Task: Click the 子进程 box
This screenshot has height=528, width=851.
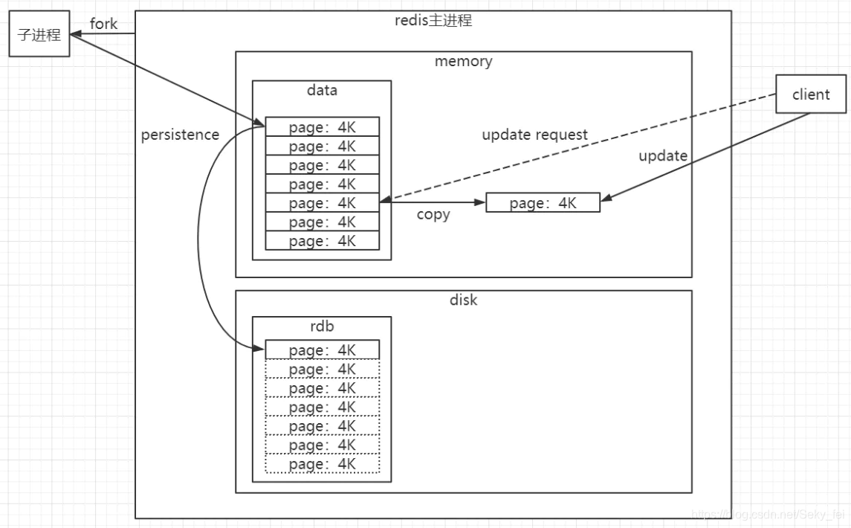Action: [x=39, y=34]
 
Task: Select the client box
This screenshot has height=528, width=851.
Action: [x=811, y=94]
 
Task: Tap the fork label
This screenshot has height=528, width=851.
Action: [x=103, y=25]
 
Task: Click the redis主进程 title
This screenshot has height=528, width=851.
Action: [x=433, y=20]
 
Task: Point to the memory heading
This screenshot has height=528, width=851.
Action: [x=463, y=61]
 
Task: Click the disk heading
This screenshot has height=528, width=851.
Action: [x=463, y=300]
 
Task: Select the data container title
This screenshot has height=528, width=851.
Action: [x=321, y=90]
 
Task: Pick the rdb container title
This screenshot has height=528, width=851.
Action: [x=321, y=326]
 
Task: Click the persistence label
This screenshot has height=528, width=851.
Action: [x=180, y=135]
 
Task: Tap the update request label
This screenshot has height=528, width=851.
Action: [x=534, y=135]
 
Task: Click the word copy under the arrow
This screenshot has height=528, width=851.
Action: [x=433, y=215]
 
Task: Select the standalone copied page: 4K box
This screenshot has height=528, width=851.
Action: [x=543, y=203]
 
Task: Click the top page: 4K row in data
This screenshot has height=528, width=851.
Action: [x=322, y=126]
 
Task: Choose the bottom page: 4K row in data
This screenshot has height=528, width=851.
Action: [x=322, y=241]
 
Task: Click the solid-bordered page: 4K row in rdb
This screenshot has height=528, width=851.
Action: [x=322, y=350]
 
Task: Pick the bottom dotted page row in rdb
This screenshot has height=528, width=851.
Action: [x=322, y=464]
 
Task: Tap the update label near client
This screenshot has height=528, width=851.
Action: [x=663, y=156]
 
